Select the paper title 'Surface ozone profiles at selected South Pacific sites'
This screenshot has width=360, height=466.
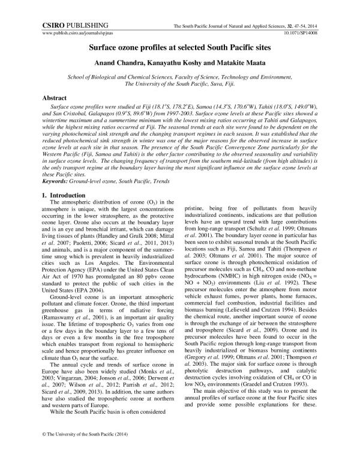tap(179, 52)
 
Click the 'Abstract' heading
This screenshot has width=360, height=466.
tap(55, 97)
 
